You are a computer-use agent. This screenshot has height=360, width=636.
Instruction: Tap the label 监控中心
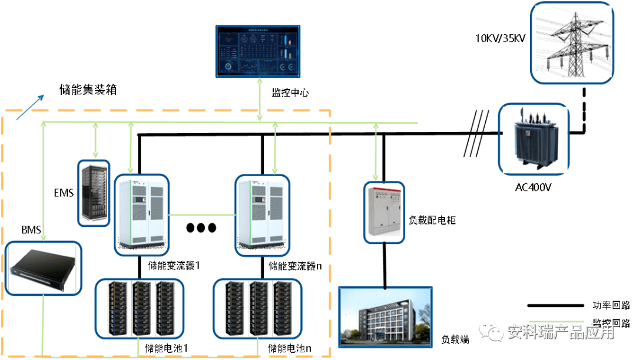tap(290, 93)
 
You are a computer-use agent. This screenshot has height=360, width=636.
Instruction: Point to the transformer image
tap(534, 139)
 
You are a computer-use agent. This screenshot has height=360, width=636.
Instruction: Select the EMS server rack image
tap(94, 193)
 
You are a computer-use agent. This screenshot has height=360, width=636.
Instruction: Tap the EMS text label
tap(64, 193)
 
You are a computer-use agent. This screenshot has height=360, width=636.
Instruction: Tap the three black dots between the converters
tap(201, 227)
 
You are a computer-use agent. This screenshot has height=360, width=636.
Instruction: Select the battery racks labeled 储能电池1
tap(140, 308)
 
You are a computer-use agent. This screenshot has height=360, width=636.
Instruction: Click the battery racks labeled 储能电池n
tap(258, 308)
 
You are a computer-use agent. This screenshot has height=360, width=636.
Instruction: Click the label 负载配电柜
tap(432, 220)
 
